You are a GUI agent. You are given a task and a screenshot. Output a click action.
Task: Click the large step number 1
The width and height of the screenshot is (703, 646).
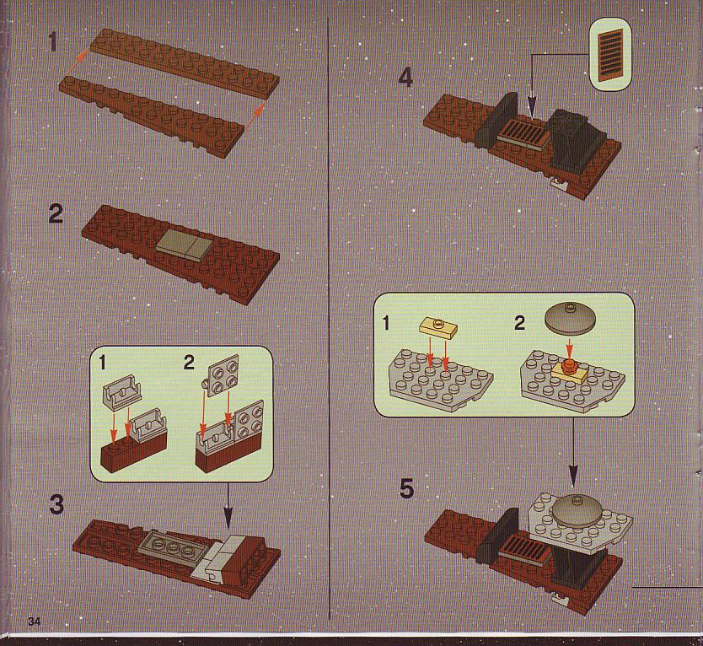(53, 42)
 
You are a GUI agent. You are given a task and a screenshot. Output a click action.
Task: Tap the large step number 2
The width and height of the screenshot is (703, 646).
(56, 214)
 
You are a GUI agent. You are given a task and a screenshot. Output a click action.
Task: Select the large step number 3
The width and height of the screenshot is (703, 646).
(56, 504)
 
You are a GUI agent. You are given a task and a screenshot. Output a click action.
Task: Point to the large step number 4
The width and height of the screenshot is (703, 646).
(405, 78)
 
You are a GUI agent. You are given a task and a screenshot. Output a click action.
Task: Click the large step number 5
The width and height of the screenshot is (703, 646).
(406, 488)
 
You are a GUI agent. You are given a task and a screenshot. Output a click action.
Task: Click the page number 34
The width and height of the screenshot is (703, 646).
(34, 622)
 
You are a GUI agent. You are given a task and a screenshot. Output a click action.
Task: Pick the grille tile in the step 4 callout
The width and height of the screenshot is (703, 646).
(609, 54)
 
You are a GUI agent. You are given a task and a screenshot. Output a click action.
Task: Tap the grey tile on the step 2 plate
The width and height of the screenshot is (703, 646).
(185, 245)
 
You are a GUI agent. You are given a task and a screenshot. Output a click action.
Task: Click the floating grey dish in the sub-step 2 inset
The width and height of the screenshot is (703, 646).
(570, 318)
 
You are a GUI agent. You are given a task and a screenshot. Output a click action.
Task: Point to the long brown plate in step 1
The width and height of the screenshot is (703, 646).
(185, 62)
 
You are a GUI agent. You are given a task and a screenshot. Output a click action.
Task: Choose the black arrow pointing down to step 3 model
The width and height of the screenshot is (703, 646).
(228, 506)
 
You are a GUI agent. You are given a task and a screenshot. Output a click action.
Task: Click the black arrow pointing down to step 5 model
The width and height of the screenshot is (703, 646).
(573, 452)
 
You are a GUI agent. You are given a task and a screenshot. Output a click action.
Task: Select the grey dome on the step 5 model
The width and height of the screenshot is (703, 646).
(577, 511)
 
